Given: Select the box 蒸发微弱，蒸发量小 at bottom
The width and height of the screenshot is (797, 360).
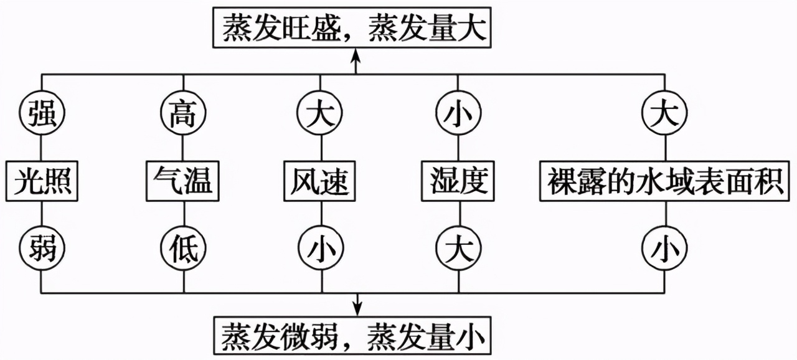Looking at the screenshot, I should click(x=352, y=337).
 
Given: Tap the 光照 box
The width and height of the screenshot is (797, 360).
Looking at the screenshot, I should click(x=42, y=181).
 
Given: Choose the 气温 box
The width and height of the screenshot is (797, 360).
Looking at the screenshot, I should click(x=182, y=181).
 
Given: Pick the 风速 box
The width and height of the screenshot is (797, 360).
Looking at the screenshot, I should click(x=321, y=181).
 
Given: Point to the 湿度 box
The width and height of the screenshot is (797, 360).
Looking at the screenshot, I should click(x=458, y=181).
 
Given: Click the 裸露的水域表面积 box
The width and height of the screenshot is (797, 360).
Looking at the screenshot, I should click(x=665, y=181).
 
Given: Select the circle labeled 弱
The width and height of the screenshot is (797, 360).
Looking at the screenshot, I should click(x=42, y=249).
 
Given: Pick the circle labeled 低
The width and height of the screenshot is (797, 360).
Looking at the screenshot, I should click(x=182, y=249).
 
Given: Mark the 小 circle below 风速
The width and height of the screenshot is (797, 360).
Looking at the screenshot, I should click(x=321, y=249).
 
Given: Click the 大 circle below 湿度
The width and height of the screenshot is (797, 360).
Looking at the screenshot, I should click(x=458, y=249).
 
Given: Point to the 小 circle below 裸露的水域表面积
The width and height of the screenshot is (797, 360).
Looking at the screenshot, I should click(x=665, y=249).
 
